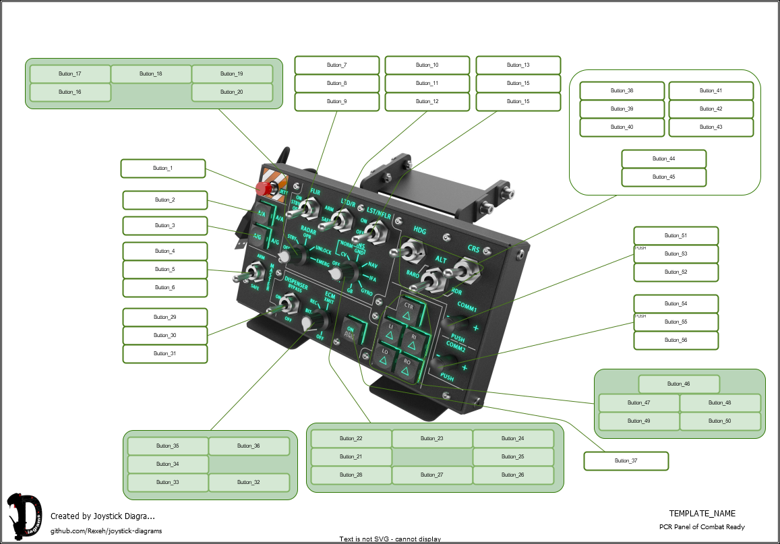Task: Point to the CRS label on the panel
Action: click(x=473, y=249)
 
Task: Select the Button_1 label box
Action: click(x=162, y=169)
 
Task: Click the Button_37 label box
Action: click(x=626, y=461)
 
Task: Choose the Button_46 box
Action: click(x=678, y=384)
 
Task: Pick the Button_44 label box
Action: click(x=663, y=159)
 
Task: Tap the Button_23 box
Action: click(x=431, y=439)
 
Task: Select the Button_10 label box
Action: click(x=427, y=65)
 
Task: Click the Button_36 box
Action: click(x=248, y=446)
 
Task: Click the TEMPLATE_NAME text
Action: click(x=702, y=514)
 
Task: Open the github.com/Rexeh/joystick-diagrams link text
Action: click(x=106, y=531)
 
